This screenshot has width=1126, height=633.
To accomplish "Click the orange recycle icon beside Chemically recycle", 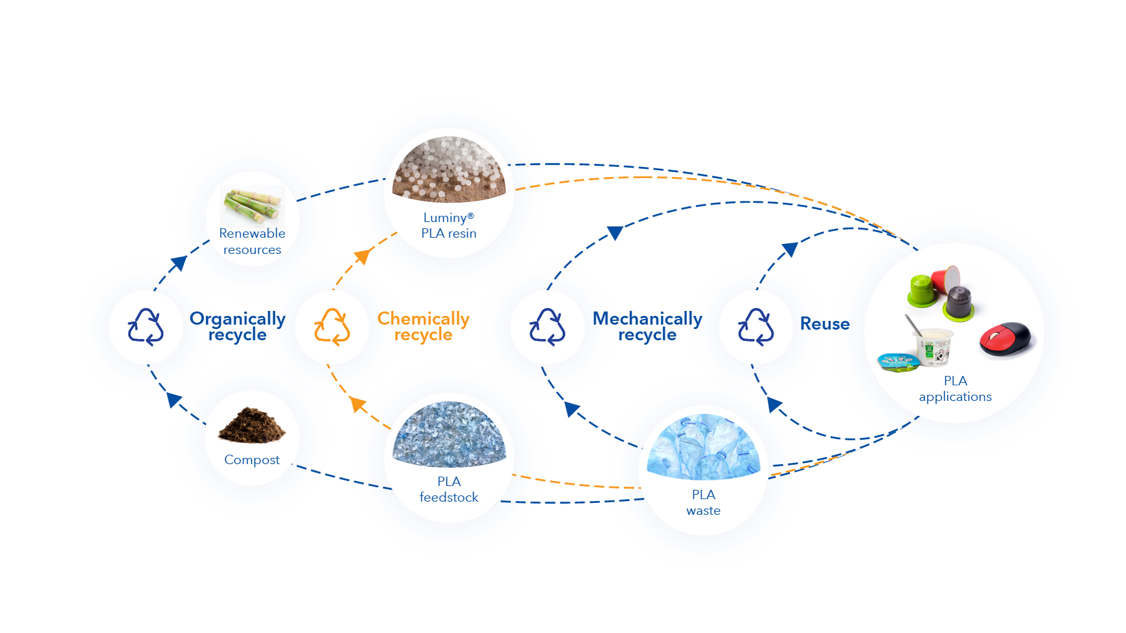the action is click(332, 327).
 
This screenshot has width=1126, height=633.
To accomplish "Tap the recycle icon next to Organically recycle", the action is click(146, 327).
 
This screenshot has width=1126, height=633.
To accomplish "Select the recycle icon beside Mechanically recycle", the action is click(547, 327).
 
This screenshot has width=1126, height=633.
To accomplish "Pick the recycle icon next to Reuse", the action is click(756, 327).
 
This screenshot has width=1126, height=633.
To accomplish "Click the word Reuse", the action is click(825, 324).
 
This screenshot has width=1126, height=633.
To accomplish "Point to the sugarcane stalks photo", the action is click(253, 205).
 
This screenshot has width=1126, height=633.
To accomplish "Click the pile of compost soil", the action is click(252, 425).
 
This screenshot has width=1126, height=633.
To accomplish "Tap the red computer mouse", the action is click(1008, 339).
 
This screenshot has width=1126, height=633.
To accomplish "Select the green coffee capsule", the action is click(922, 291).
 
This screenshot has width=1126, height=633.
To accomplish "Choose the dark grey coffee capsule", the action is click(959, 304).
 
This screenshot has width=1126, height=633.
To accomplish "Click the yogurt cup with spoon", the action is click(931, 343).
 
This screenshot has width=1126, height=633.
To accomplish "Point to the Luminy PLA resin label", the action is click(449, 225).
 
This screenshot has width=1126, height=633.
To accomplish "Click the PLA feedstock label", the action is click(449, 489).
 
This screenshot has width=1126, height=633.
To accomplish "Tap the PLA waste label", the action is click(704, 502).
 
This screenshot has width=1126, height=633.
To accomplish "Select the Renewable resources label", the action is click(252, 241).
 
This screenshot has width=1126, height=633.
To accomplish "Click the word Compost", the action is click(252, 460).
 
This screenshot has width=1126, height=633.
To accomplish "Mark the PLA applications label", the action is click(955, 388).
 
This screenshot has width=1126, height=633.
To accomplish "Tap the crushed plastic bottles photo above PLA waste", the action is click(704, 447).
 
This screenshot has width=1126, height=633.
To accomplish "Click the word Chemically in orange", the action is click(424, 318).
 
